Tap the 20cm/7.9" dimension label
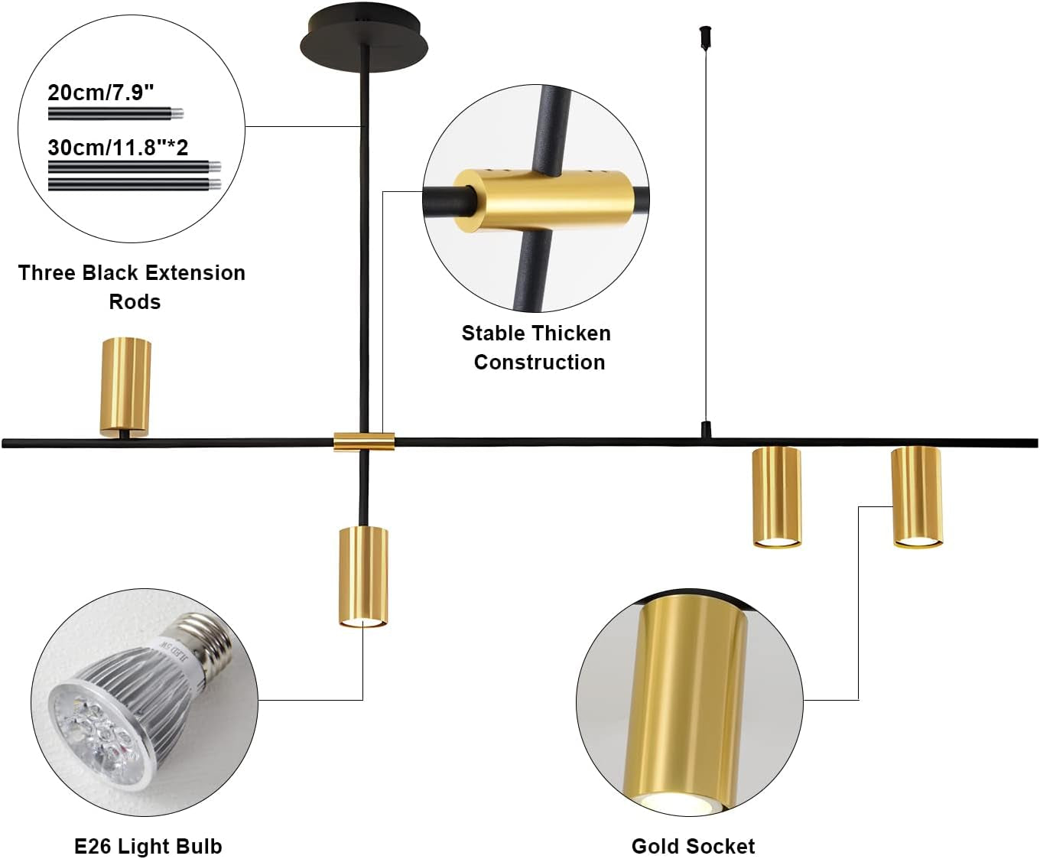coord(101,93)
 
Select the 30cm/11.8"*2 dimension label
coord(118,147)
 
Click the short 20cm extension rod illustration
coord(115,114)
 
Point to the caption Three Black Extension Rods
coord(132,287)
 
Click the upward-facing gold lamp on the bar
coord(125,386)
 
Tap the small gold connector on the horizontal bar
coord(364,441)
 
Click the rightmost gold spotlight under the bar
coord(917,496)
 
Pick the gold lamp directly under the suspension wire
coord(777,496)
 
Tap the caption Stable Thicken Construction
coord(537,347)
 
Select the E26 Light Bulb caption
coord(148,846)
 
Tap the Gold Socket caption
coord(693,846)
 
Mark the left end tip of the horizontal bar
coord(5,443)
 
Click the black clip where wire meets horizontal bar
coord(706,430)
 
